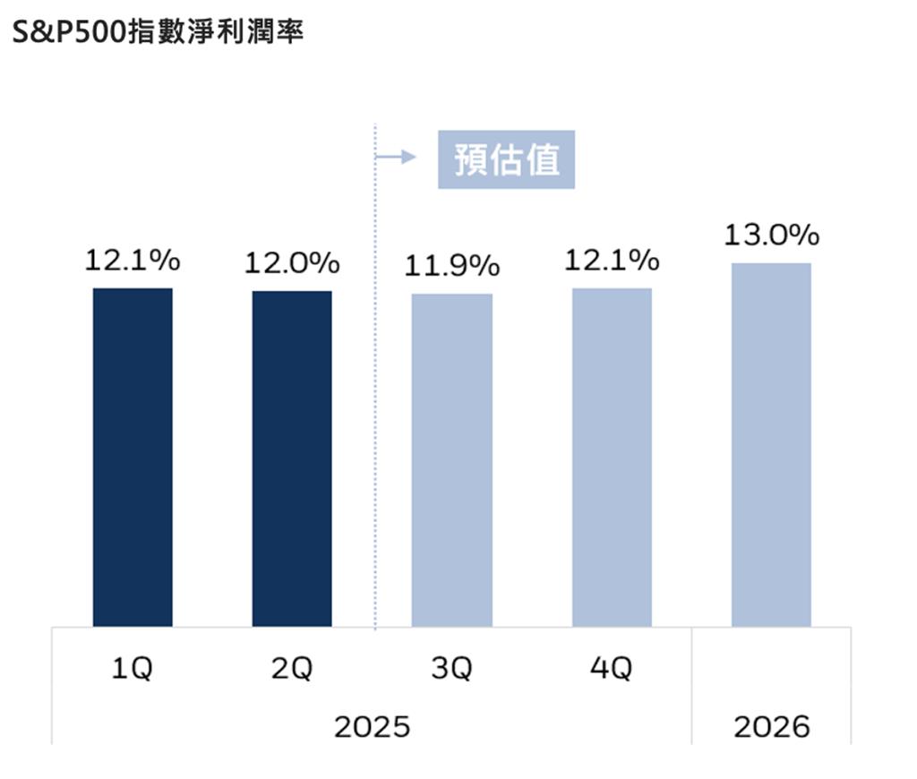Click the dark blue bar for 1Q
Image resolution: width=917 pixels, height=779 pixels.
(x=133, y=457)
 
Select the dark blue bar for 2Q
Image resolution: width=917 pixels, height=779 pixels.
(x=292, y=458)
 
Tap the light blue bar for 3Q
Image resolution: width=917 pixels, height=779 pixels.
(x=451, y=459)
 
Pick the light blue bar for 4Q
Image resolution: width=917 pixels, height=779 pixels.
(x=612, y=457)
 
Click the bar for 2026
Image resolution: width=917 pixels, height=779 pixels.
(x=771, y=444)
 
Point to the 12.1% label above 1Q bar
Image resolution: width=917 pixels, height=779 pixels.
(x=133, y=261)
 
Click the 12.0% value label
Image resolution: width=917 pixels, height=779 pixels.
(x=292, y=264)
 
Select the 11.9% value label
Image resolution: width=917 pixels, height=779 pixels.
(x=451, y=267)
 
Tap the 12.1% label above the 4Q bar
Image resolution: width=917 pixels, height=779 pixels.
(x=612, y=261)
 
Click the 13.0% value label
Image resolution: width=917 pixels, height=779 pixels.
(x=771, y=235)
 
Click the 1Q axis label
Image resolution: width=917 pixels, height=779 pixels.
(x=132, y=669)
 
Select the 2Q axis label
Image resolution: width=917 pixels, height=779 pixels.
(x=292, y=669)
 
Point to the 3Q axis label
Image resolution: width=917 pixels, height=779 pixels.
(x=451, y=669)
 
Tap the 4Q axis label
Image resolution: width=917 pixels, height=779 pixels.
(x=611, y=669)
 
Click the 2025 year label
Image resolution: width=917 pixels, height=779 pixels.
(x=372, y=726)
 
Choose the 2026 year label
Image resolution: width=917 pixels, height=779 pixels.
(x=771, y=726)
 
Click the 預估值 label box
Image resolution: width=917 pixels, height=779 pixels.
(x=506, y=160)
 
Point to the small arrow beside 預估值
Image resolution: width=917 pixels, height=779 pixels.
(x=397, y=158)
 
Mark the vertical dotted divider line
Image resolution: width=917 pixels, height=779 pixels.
(x=375, y=403)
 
